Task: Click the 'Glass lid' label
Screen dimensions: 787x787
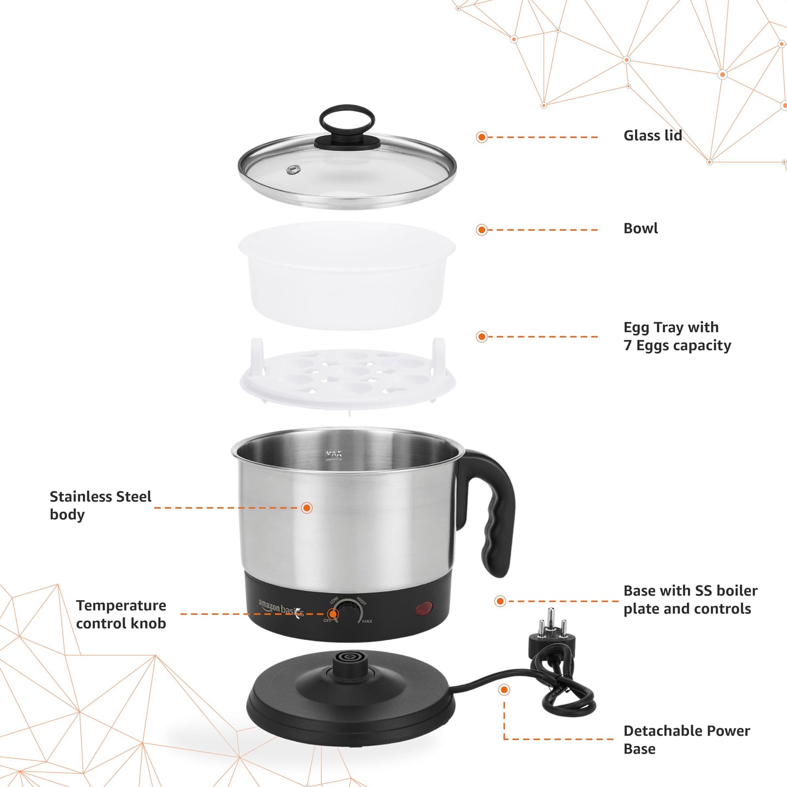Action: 652,136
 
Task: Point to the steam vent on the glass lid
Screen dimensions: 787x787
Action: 294,169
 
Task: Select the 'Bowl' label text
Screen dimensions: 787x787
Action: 640,228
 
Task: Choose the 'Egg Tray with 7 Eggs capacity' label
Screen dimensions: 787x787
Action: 677,336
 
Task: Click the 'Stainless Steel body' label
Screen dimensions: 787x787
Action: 100,505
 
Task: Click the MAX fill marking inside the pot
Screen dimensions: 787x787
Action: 333,454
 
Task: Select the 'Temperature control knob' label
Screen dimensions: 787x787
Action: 121,614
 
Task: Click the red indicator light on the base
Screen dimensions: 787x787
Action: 424,608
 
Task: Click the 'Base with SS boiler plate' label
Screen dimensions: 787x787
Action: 690,600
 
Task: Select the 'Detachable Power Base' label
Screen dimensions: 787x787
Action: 686,739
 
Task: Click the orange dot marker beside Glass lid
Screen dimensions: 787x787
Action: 481,137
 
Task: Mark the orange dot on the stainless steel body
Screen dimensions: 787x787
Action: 307,508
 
